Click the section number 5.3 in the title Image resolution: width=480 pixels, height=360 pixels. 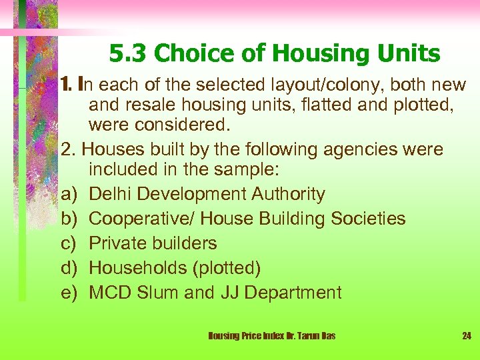point(125,53)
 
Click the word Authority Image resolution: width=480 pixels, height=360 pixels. point(288,194)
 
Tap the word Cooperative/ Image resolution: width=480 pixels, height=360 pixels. point(141,219)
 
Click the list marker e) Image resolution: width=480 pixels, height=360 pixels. point(69,293)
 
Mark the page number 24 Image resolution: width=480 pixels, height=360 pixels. point(467,335)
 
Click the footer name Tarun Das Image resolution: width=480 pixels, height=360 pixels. point(315,335)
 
